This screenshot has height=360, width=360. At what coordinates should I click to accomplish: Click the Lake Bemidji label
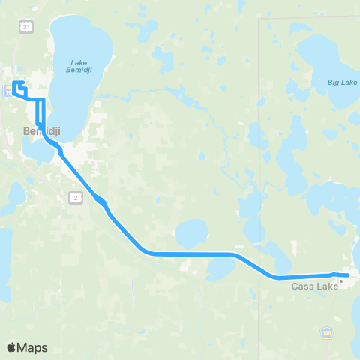click(79, 67)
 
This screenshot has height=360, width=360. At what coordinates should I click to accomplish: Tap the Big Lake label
click(342, 82)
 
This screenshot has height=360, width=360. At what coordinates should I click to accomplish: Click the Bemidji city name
click(41, 130)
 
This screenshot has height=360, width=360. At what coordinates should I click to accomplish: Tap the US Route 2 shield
click(75, 196)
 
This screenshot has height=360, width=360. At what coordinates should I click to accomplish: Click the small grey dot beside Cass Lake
click(340, 281)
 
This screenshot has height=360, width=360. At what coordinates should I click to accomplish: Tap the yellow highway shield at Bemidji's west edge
click(6, 91)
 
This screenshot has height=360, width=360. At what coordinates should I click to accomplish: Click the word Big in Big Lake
click(334, 82)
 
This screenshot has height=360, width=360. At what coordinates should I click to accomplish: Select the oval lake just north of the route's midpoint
click(191, 232)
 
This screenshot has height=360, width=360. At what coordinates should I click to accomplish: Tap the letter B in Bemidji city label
click(26, 130)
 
